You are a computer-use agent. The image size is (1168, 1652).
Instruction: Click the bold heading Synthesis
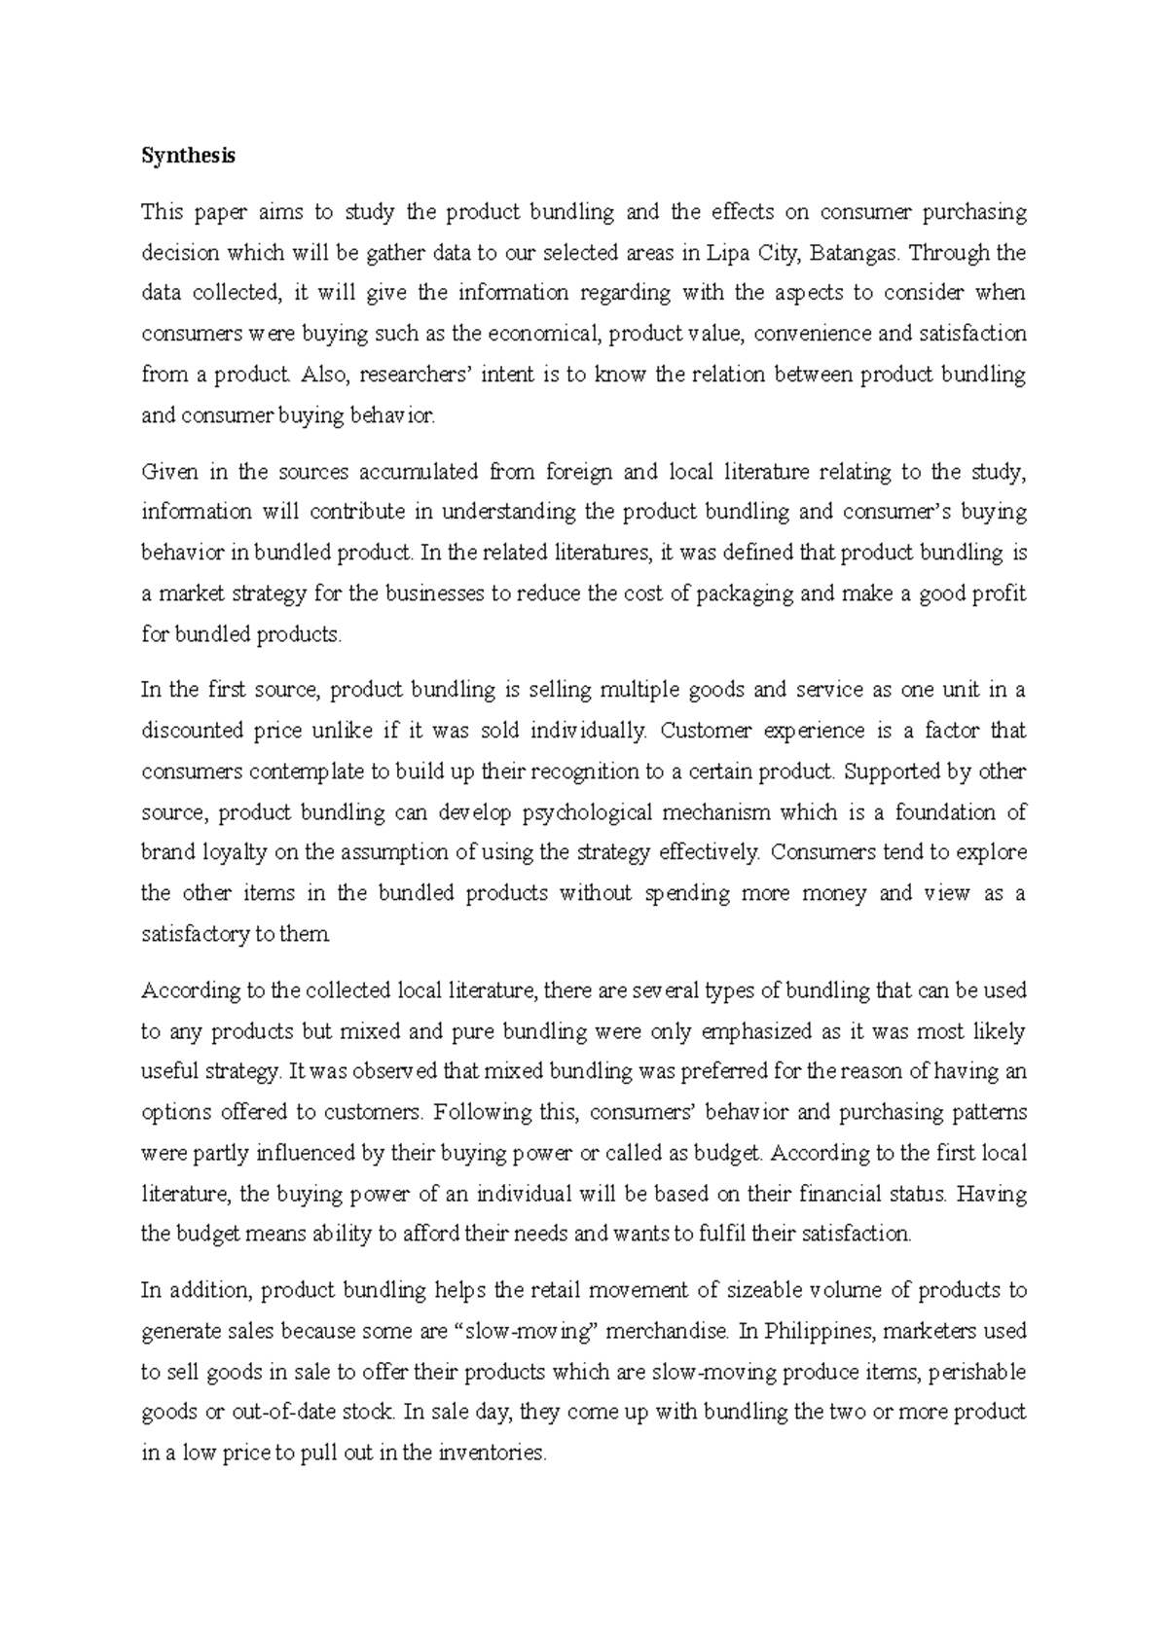[x=188, y=156]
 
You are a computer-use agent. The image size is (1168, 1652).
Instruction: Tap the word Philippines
[x=819, y=1331]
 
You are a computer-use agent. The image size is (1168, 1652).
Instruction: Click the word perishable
[x=977, y=1373]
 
